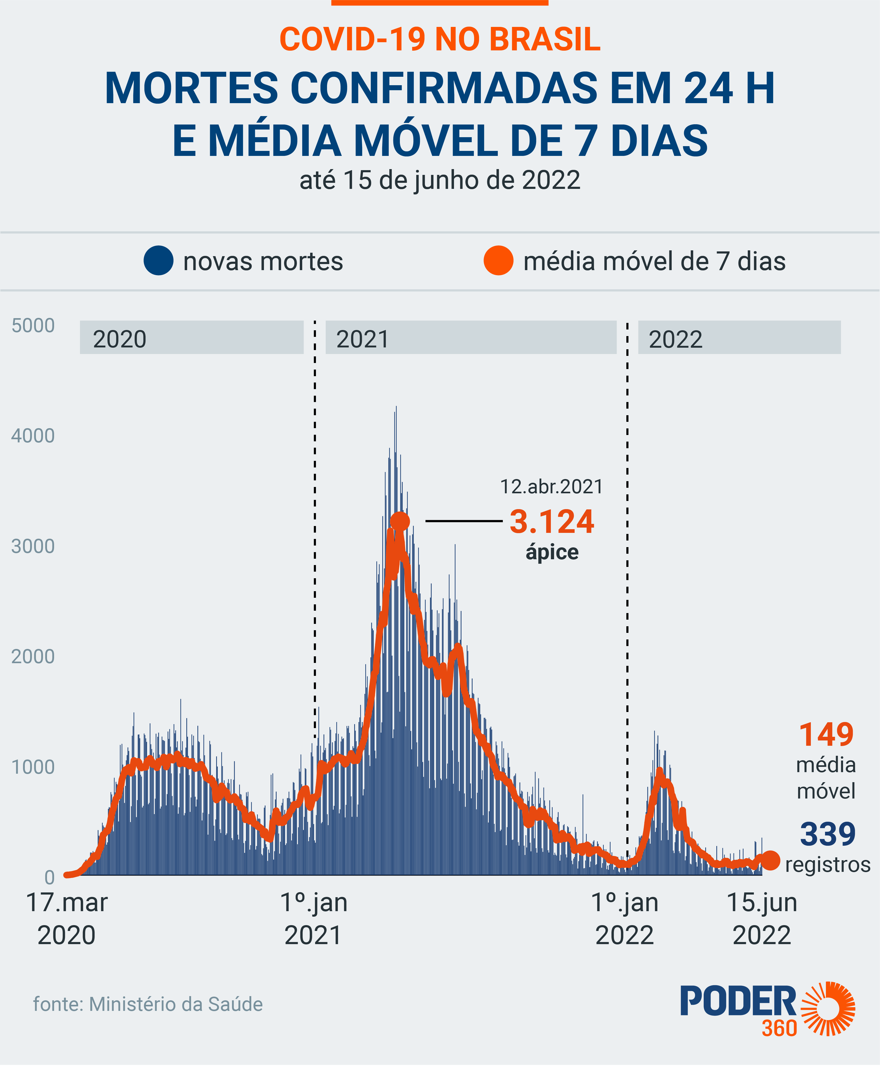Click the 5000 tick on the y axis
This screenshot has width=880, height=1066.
33,326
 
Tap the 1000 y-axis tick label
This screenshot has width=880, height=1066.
33,767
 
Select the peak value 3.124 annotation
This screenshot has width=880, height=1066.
552,522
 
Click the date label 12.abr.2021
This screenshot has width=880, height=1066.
552,487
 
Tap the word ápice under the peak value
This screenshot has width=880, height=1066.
552,552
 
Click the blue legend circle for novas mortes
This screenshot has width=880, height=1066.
159,261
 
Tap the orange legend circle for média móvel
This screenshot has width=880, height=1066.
498,261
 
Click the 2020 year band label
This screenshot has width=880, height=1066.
120,339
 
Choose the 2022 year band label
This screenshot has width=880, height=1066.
676,339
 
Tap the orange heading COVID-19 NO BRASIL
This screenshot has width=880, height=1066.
440,40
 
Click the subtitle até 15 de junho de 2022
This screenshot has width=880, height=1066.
440,180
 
